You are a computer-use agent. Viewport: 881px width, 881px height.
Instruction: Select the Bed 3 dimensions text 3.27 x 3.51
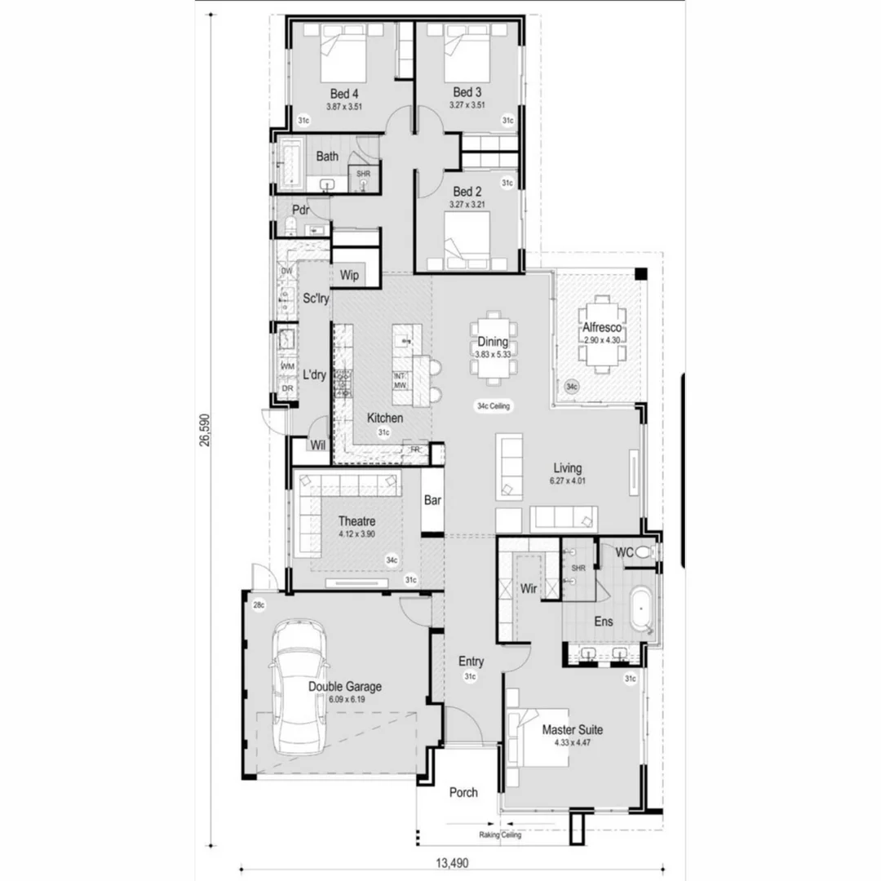pos(467,105)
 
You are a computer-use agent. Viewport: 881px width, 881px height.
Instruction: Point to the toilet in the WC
pos(644,553)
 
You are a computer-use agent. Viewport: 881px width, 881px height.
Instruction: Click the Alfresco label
pos(602,327)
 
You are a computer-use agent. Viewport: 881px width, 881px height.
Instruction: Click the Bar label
pos(432,501)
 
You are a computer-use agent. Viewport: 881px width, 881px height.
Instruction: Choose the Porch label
pos(463,792)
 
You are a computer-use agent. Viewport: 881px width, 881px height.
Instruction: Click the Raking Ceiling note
pos(500,835)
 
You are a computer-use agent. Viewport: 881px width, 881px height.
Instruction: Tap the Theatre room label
pos(356,521)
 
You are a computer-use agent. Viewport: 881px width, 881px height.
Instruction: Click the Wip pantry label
pos(349,275)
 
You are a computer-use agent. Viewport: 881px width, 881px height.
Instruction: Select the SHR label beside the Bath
pos(362,174)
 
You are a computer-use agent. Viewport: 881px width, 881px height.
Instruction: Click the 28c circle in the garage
pos(259,605)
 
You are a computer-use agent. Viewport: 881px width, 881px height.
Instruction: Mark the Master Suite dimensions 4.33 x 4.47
pos(572,742)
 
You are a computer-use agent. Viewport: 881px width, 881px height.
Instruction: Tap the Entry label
pos(471,662)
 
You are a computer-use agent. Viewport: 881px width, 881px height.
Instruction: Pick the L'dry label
pos(315,376)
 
